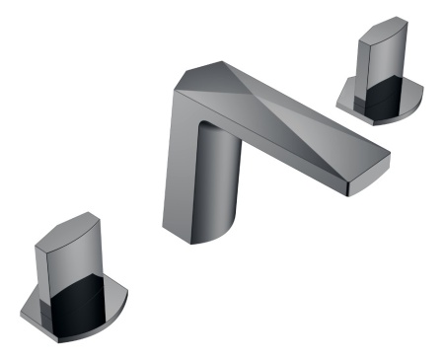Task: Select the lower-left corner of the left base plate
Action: click(x=24, y=315)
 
